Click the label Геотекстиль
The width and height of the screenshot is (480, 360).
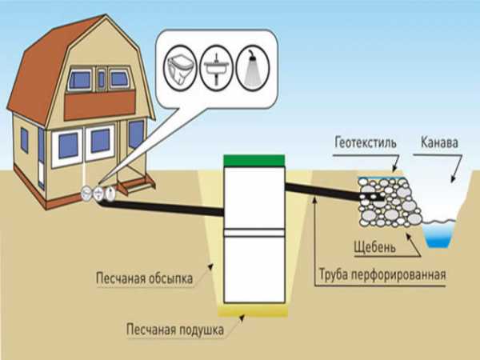(x=366, y=143)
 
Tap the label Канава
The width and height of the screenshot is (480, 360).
(x=439, y=142)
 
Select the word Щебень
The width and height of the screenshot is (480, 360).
(x=374, y=247)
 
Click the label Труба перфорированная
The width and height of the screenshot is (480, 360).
(x=382, y=274)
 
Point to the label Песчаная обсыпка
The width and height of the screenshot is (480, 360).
(x=145, y=278)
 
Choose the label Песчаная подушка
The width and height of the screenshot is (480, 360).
(x=174, y=330)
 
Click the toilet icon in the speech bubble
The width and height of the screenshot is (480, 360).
(x=180, y=68)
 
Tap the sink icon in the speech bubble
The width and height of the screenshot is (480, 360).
(x=217, y=68)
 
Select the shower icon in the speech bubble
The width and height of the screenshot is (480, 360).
(x=253, y=68)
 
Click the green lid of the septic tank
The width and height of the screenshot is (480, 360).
(x=254, y=161)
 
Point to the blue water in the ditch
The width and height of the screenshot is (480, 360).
(x=439, y=234)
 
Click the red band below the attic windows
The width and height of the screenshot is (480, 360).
(x=100, y=105)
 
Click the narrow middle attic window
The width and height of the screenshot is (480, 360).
(x=102, y=79)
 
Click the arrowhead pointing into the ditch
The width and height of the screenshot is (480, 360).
(x=453, y=180)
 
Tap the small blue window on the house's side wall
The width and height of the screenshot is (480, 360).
(x=25, y=140)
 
